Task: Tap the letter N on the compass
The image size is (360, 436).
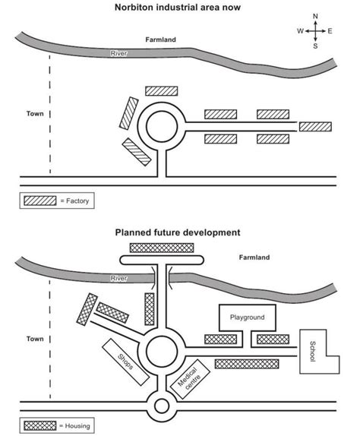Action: click(315, 16)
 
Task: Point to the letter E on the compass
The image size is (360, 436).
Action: click(330, 31)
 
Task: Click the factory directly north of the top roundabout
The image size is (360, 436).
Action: click(160, 90)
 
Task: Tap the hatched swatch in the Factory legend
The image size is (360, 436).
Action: click(39, 201)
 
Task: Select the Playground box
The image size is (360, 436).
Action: click(246, 317)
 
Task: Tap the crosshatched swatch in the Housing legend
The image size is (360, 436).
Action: click(39, 426)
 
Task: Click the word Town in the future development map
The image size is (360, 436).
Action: click(34, 339)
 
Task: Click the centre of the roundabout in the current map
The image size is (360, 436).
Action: click(161, 126)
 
